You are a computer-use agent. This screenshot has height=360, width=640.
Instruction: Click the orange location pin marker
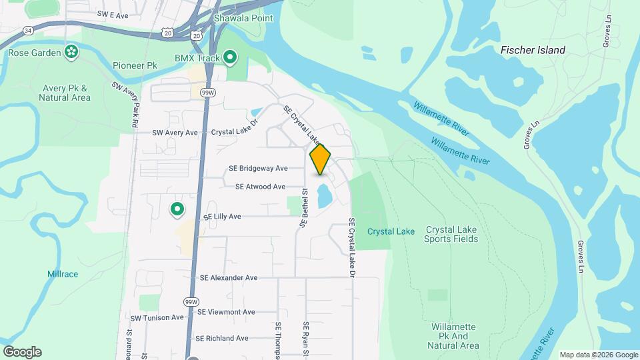tap(320, 159)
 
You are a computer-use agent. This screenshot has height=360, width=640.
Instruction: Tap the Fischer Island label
tap(533, 50)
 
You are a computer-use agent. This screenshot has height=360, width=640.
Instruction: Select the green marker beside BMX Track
tap(230, 58)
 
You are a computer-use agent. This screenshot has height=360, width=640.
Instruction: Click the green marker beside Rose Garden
tap(71, 51)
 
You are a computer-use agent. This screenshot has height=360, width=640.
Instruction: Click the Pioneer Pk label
tap(135, 66)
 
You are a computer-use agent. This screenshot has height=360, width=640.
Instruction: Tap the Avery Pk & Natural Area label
tap(65, 93)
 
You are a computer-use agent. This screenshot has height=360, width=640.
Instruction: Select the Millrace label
tap(63, 274)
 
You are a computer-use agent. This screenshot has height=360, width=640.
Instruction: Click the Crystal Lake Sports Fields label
tap(451, 234)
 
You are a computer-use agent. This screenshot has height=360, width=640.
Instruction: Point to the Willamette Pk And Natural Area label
tap(453, 336)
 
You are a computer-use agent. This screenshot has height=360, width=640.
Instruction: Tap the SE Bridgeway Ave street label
tap(258, 168)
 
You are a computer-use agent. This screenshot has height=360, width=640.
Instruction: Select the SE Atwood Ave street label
tap(260, 187)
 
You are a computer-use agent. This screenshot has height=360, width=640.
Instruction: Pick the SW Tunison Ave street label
tap(157, 318)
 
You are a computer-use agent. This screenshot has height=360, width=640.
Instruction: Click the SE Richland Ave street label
tap(222, 338)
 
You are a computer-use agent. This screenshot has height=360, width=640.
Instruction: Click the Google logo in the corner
tap(22, 351)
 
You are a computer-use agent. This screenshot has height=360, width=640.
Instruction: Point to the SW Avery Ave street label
tap(175, 133)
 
